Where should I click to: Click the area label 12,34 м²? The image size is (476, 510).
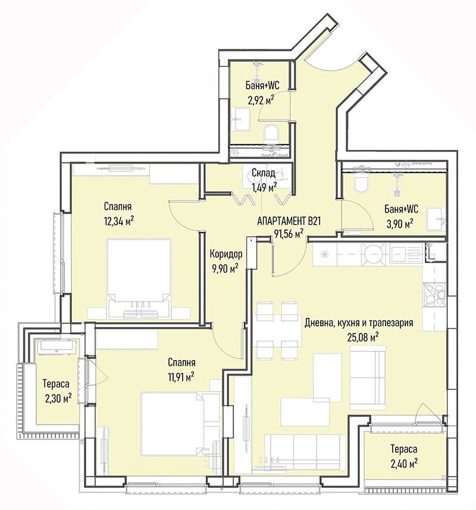click(119, 222)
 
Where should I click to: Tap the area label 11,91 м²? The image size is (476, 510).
click(181, 377)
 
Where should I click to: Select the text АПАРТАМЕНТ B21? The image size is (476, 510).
click(289, 221)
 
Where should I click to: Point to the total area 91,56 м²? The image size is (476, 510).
click(289, 234)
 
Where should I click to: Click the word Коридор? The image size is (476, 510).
click(226, 253)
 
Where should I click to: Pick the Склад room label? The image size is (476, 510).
click(264, 173)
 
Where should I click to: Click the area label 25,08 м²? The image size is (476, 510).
click(363, 337)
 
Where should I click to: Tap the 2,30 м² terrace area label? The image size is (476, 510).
click(58, 398)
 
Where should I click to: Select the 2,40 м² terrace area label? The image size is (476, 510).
click(405, 463)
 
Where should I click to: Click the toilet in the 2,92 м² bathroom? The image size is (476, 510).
click(271, 133)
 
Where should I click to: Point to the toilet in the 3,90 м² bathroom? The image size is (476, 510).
click(361, 184)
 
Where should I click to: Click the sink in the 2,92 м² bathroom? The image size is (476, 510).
click(241, 119)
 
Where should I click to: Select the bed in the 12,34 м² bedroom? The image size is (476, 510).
click(139, 278)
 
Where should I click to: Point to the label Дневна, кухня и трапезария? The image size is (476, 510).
click(359, 323)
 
